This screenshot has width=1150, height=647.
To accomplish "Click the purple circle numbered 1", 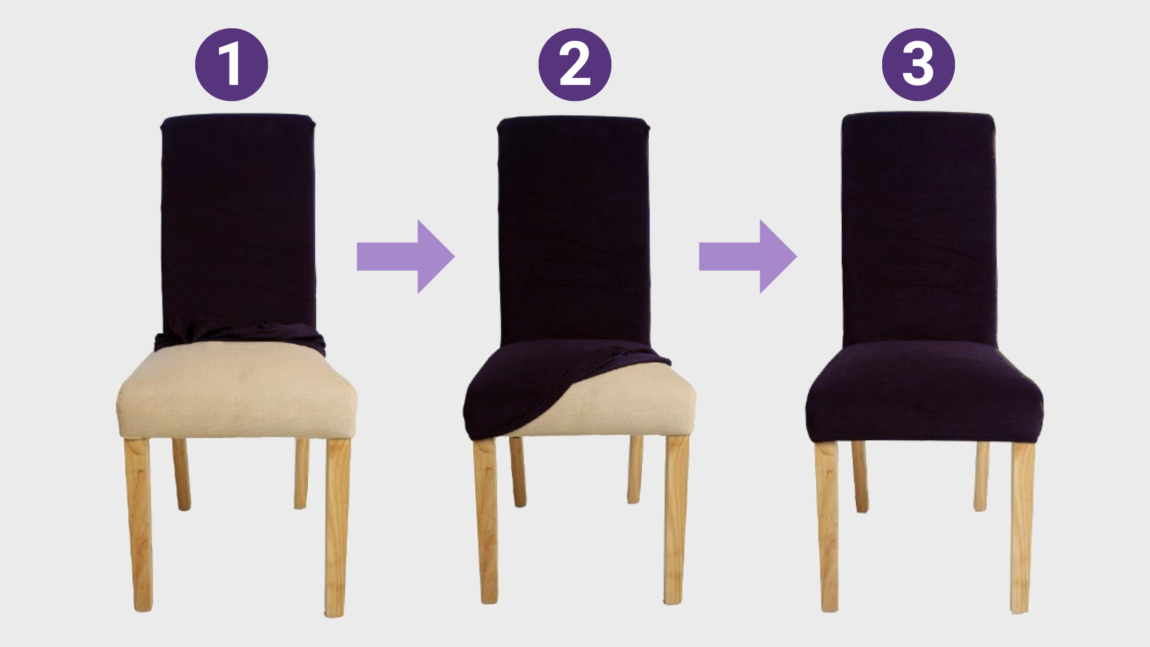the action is [231, 65].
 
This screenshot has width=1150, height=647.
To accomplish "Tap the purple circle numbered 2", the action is [575, 65].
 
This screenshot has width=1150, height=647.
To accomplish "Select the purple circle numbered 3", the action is [918, 65].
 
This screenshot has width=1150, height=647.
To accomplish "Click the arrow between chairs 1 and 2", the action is [406, 257].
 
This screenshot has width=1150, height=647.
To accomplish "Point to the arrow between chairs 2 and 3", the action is [748, 257].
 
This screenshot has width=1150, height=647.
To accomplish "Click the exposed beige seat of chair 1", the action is [237, 391].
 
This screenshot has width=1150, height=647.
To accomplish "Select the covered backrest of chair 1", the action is [238, 220].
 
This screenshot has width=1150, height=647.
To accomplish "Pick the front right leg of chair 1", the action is [337, 527].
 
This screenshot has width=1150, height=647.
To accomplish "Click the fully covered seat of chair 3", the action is [924, 391].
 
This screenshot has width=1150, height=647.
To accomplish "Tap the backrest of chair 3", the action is [919, 229].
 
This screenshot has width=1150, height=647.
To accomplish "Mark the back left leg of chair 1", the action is [182, 474].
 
